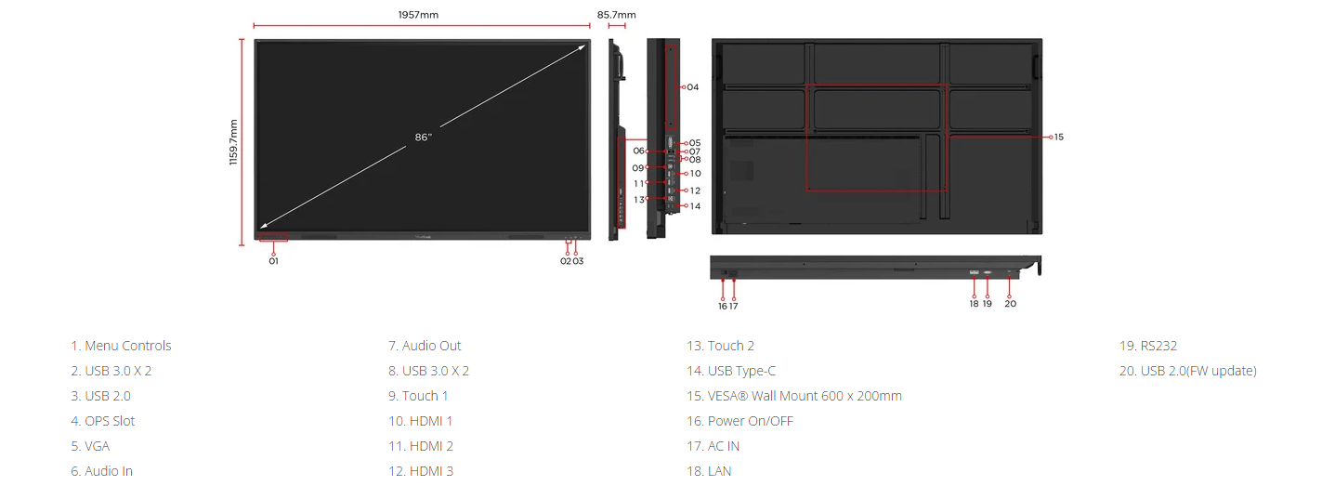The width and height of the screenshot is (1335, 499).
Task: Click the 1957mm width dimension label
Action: click(x=418, y=15)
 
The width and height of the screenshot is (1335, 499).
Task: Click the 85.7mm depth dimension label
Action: click(x=616, y=15)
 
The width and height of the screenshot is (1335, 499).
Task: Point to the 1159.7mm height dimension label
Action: click(x=233, y=142)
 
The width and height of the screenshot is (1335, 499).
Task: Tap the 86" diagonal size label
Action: click(x=423, y=138)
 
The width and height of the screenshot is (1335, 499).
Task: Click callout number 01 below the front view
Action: click(x=273, y=261)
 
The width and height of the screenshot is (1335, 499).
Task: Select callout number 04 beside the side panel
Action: click(x=692, y=87)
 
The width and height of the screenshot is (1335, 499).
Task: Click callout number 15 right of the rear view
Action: click(x=1058, y=138)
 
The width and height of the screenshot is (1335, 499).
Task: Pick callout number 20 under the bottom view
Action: click(x=1010, y=304)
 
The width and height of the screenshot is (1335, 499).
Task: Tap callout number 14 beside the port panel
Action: click(x=695, y=206)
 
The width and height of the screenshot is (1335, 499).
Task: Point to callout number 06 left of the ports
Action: click(x=638, y=151)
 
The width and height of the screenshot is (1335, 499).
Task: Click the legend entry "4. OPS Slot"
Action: click(x=103, y=421)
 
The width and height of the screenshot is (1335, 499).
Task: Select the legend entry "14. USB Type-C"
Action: click(x=731, y=371)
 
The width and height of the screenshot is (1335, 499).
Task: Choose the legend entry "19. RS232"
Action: click(x=1148, y=346)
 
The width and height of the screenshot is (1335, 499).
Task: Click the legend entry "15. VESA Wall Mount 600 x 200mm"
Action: click(x=794, y=396)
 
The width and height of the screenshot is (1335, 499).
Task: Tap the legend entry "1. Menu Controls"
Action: click(x=121, y=346)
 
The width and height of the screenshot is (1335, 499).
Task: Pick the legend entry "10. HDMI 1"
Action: click(x=420, y=421)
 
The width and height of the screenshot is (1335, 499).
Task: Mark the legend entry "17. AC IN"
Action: click(x=713, y=446)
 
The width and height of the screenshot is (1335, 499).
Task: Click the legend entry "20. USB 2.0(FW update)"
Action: click(x=1188, y=371)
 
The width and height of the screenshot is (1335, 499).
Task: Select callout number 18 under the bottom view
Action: click(x=974, y=304)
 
